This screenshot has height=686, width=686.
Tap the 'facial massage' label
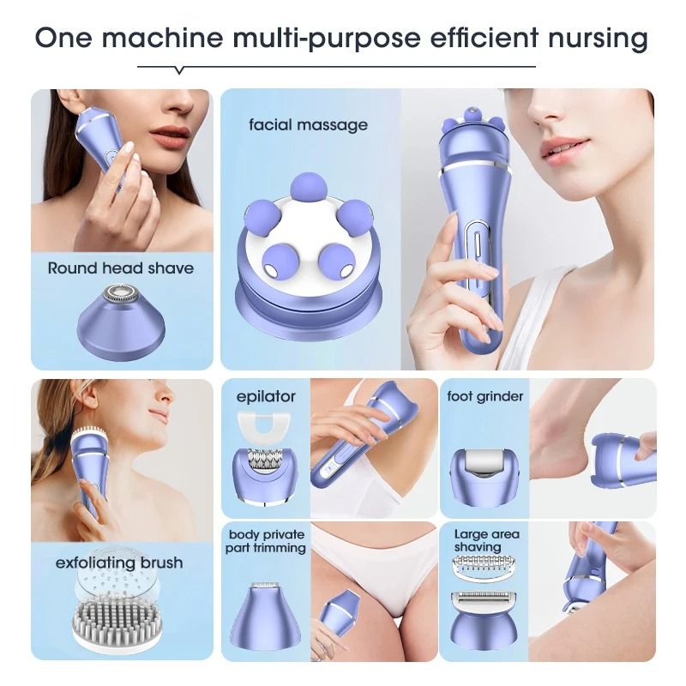(308, 124)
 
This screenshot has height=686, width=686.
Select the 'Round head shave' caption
(120, 268)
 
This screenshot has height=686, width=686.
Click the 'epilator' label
(266, 396)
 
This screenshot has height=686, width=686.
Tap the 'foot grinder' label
(485, 396)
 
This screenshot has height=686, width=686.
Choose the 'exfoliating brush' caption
(119, 563)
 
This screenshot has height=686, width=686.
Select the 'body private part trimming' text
(266, 541)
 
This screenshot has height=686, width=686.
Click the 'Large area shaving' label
(486, 540)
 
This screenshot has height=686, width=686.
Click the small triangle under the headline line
(178, 70)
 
